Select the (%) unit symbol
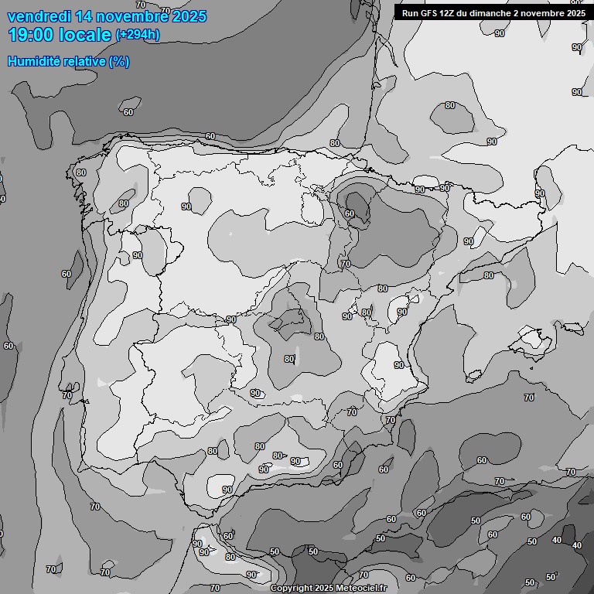click(x=119, y=61)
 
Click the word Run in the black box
click(x=411, y=13)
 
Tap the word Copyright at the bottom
click(x=292, y=588)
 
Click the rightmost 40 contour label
click(x=576, y=545)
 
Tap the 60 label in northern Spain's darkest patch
click(x=350, y=213)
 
